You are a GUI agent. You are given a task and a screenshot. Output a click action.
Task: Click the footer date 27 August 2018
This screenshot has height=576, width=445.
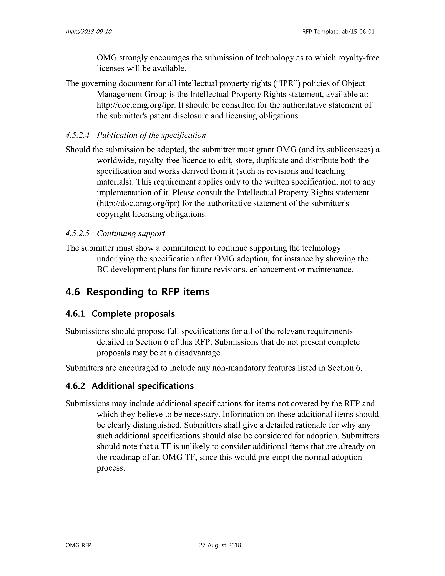(220, 545)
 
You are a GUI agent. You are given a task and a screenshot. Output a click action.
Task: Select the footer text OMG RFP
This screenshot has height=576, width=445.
(78, 545)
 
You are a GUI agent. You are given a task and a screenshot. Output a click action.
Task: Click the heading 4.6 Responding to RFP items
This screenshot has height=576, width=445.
(137, 292)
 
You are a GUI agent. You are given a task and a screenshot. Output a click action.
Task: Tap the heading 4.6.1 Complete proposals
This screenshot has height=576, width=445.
(120, 314)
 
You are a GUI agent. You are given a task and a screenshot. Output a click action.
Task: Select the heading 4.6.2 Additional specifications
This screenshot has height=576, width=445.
(130, 386)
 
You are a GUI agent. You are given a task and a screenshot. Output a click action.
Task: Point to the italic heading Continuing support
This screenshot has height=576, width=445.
(131, 234)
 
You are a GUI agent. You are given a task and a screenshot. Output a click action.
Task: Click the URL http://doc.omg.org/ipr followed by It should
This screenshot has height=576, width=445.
(136, 105)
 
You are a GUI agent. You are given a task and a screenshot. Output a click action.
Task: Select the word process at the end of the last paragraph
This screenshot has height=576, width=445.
(110, 468)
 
